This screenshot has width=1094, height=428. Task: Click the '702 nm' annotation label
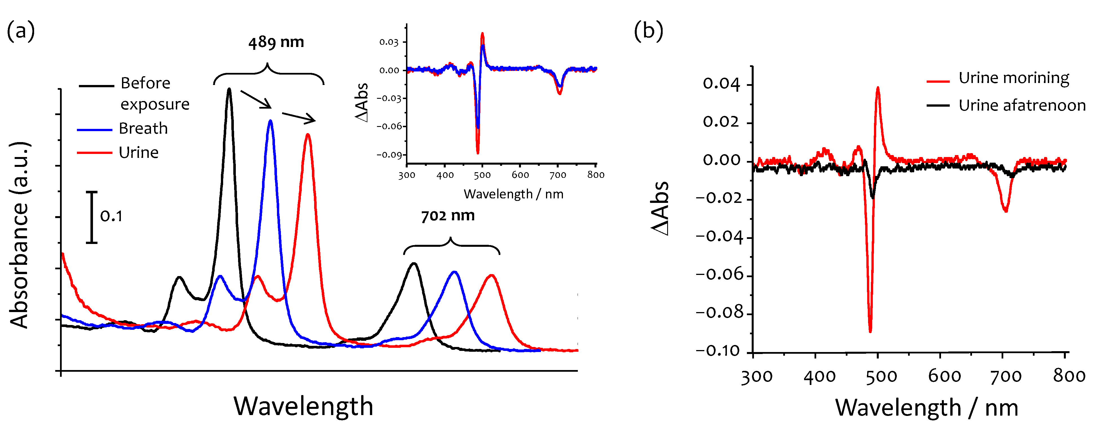[448, 216]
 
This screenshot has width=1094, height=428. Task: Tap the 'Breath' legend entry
[143, 128]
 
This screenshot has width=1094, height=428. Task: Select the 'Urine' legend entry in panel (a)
[138, 152]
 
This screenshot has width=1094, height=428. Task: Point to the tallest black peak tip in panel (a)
[229, 89]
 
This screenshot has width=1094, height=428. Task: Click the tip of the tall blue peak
[270, 121]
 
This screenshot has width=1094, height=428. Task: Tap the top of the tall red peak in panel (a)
[308, 135]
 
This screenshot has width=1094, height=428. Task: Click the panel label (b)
[648, 31]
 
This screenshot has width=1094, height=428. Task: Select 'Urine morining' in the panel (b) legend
[1013, 78]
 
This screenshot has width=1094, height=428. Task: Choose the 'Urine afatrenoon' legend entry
[1021, 105]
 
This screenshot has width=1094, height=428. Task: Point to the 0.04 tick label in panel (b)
[721, 84]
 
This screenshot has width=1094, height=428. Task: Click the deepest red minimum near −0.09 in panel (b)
[870, 331]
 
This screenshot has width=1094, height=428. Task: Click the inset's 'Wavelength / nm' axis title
[513, 194]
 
